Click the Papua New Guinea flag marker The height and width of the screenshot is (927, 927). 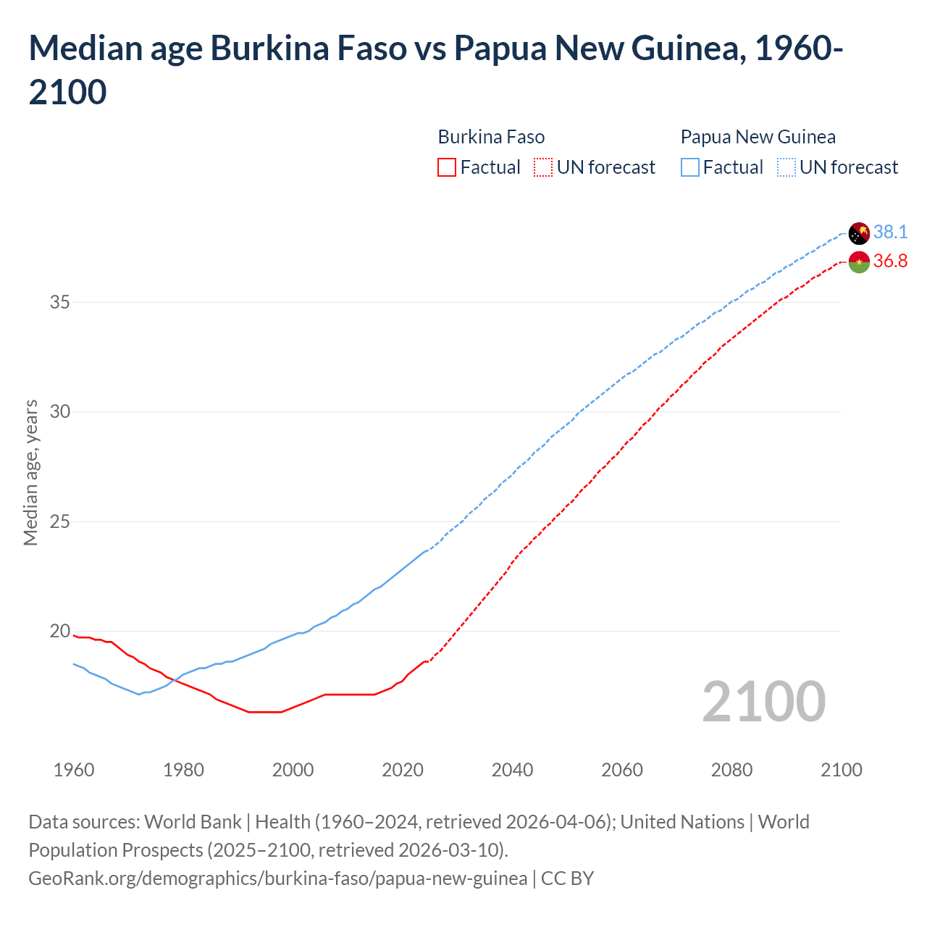click(859, 233)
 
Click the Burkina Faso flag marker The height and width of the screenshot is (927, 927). click(859, 262)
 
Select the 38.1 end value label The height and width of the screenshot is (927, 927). click(890, 232)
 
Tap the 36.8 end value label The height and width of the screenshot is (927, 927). click(890, 261)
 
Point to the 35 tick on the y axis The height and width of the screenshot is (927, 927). click(59, 302)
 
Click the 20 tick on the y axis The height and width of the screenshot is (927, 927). click(59, 631)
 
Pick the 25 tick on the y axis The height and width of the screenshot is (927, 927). click(59, 521)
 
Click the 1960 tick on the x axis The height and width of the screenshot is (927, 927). click(74, 770)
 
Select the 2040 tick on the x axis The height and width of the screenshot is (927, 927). click(512, 770)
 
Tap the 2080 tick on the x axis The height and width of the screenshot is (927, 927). click(731, 770)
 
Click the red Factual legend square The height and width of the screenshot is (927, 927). click(447, 167)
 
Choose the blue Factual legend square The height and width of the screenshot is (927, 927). click(690, 167)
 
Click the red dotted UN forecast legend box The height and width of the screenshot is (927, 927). click(543, 167)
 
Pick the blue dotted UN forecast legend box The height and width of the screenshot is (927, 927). click(787, 167)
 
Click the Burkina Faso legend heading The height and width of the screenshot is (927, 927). click(491, 137)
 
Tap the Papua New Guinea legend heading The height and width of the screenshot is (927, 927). click(758, 137)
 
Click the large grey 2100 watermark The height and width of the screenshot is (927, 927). click(763, 701)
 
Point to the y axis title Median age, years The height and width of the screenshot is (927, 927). click(30, 472)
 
